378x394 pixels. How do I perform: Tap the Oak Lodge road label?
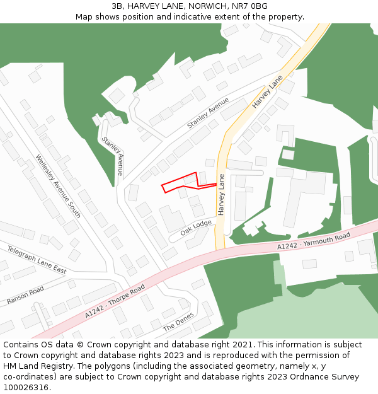(x=196, y=228)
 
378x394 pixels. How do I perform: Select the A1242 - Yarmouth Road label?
(x=314, y=241)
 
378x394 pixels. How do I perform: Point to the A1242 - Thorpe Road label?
(x=115, y=301)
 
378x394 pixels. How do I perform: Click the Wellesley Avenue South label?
(x=58, y=187)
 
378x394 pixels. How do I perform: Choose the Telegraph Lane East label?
(x=37, y=259)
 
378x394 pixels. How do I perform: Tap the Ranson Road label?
(x=25, y=295)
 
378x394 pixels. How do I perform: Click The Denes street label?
(x=178, y=323)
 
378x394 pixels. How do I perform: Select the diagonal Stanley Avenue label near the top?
(x=208, y=113)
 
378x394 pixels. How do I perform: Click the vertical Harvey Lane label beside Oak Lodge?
(x=221, y=195)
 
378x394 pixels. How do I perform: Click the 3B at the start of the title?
(x=117, y=6)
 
